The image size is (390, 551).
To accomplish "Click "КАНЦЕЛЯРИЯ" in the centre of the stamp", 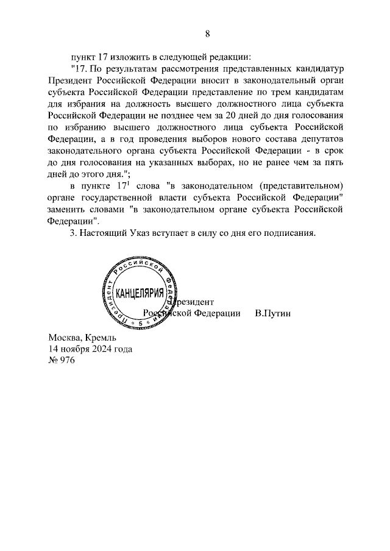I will point(140,292).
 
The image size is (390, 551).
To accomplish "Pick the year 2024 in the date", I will point(101,349).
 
